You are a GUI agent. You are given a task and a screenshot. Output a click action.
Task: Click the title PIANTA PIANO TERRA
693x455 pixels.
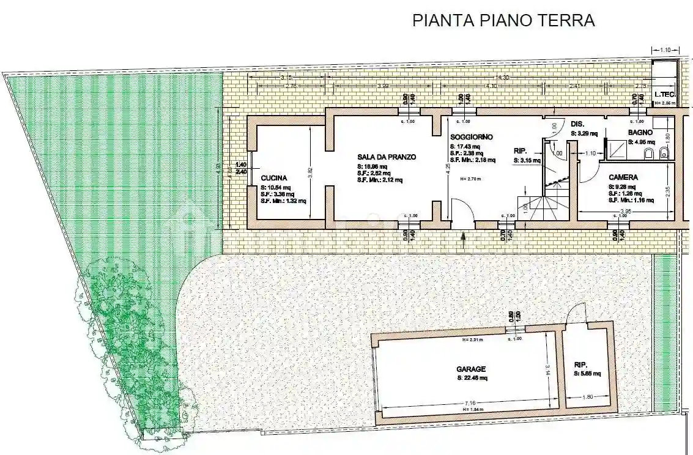pyautogui.click(x=503, y=20)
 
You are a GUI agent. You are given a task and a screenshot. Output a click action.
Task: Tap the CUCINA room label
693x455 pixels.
pyautogui.click(x=273, y=178)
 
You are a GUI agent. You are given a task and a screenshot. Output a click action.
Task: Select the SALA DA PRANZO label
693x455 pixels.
pyautogui.click(x=387, y=157)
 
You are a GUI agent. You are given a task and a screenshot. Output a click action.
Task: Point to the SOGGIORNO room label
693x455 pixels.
pyautogui.click(x=471, y=137)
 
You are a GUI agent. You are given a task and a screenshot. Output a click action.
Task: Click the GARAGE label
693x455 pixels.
pyautogui.click(x=471, y=369)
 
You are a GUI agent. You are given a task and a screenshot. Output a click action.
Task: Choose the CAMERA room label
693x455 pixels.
pyautogui.click(x=623, y=177)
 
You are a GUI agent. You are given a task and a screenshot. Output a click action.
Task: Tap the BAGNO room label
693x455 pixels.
pyautogui.click(x=640, y=132)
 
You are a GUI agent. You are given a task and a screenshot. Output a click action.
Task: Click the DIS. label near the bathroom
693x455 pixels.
pyautogui.click(x=577, y=124)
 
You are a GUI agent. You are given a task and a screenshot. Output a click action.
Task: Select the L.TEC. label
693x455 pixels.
pyautogui.click(x=664, y=94)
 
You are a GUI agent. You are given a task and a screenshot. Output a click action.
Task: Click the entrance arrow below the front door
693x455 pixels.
pyautogui.click(x=462, y=237)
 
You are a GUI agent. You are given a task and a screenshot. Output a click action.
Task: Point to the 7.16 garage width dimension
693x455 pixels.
pyautogui.click(x=470, y=402)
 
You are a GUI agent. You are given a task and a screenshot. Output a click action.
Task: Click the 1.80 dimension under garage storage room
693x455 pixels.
pyautogui.click(x=587, y=396)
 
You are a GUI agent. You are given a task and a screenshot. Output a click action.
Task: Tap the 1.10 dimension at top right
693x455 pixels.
pyautogui.click(x=665, y=50)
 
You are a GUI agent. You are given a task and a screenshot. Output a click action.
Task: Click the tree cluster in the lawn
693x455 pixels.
pyautogui.click(x=132, y=342)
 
